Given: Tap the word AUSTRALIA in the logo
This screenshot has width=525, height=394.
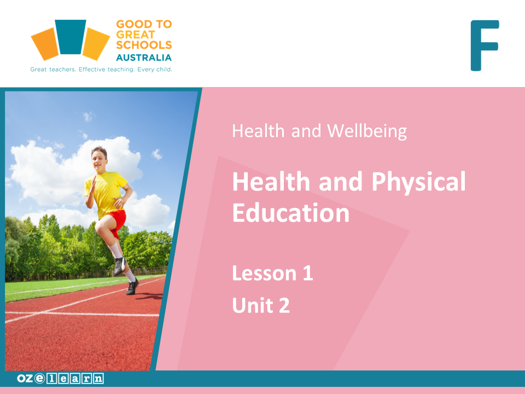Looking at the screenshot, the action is [x=144, y=57].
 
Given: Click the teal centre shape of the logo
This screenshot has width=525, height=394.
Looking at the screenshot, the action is [x=71, y=37].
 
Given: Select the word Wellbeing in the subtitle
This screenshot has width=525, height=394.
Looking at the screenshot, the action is [x=367, y=131].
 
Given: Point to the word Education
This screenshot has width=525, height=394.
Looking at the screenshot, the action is [x=291, y=213].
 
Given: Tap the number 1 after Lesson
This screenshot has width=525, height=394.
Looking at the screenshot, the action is [x=308, y=273].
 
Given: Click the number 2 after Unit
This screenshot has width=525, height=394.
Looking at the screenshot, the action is [x=284, y=305].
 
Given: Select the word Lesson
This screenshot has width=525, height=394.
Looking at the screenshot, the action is [x=265, y=274].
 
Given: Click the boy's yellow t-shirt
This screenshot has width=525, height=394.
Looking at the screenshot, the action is [x=106, y=193].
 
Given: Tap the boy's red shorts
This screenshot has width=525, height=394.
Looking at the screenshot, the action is [x=117, y=221].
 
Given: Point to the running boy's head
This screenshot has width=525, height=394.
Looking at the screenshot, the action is [x=100, y=159].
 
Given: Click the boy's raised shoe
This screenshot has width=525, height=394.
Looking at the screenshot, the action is [x=119, y=266].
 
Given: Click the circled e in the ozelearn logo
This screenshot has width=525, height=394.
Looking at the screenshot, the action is [x=39, y=378].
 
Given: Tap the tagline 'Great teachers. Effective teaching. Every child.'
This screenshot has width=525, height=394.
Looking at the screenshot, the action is [x=101, y=69].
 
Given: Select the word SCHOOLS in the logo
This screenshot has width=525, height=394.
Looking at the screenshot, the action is [x=144, y=45].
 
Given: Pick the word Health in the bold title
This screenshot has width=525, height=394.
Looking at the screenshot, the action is [x=271, y=182].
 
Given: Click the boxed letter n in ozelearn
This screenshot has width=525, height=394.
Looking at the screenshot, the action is [x=98, y=379].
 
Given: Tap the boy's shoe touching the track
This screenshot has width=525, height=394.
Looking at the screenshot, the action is [x=132, y=287].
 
